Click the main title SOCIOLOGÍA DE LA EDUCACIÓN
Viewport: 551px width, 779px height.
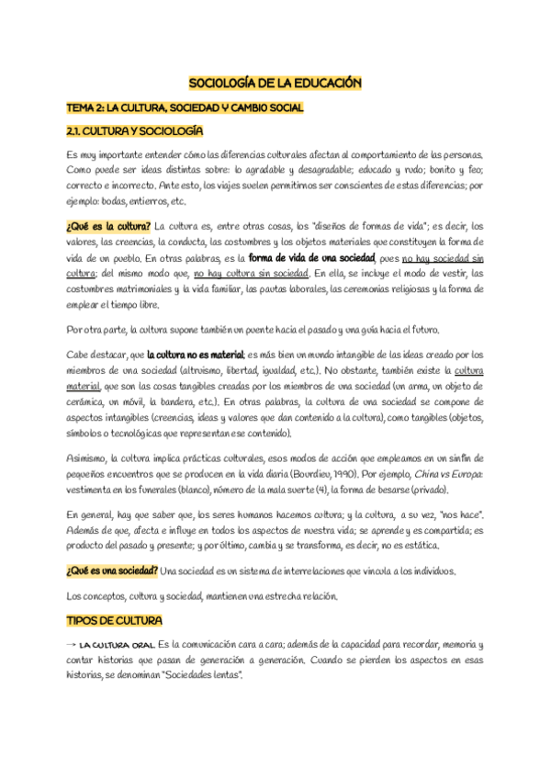275,83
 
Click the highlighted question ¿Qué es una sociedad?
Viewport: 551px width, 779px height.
112,570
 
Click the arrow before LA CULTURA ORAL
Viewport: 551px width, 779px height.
72,646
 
